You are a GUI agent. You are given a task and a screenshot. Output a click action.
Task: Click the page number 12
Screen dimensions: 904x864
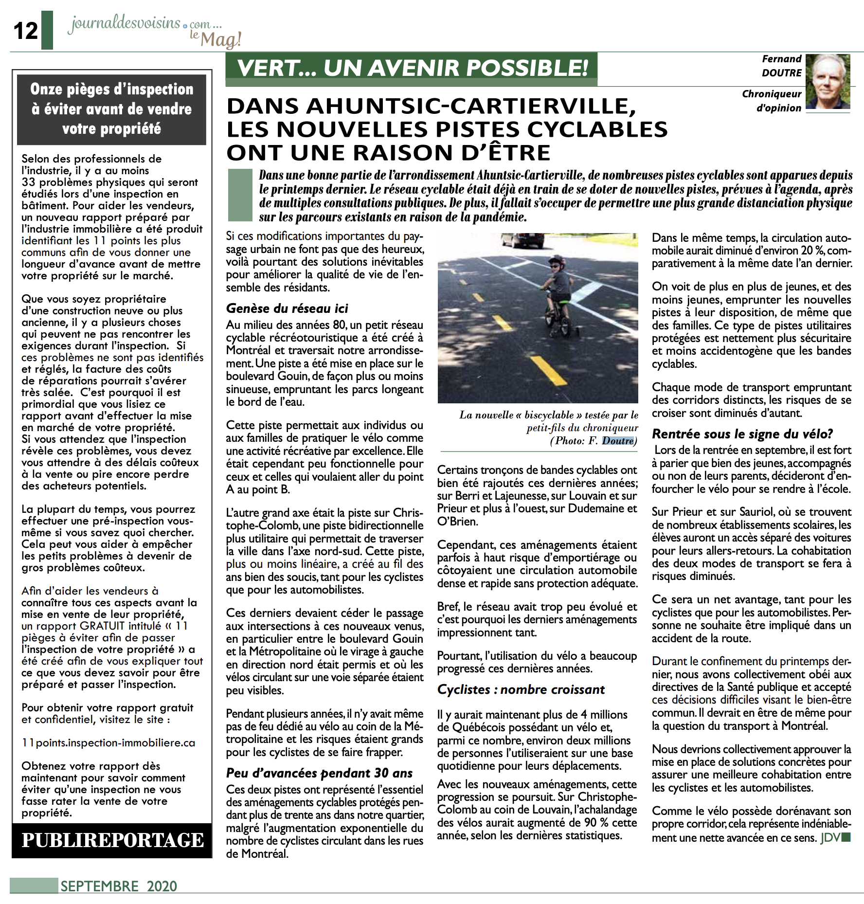click(25, 31)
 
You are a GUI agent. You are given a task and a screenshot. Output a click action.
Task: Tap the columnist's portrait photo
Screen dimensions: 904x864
click(828, 82)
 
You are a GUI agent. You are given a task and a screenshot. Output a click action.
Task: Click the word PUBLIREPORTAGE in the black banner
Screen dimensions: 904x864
click(112, 840)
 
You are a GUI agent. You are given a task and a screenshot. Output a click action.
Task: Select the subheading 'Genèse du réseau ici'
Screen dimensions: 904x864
click(287, 308)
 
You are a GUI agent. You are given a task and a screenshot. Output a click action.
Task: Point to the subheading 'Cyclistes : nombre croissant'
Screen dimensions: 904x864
click(521, 689)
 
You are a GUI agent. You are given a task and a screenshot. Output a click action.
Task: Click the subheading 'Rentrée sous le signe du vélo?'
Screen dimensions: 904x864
click(742, 434)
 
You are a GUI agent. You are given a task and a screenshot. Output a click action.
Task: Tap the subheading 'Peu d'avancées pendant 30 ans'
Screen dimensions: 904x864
click(319, 773)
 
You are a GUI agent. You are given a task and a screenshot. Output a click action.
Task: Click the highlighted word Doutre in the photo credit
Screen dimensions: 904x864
click(618, 441)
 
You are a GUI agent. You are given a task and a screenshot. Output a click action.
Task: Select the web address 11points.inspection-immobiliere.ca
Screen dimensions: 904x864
click(108, 743)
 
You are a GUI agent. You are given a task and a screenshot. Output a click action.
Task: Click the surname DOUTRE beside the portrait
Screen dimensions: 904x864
click(781, 73)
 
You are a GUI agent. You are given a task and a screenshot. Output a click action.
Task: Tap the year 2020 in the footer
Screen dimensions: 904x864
click(162, 886)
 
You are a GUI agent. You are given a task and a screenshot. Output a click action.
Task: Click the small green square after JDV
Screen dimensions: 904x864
click(846, 837)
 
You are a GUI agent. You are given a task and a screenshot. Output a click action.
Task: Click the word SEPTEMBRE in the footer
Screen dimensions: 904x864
click(100, 886)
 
